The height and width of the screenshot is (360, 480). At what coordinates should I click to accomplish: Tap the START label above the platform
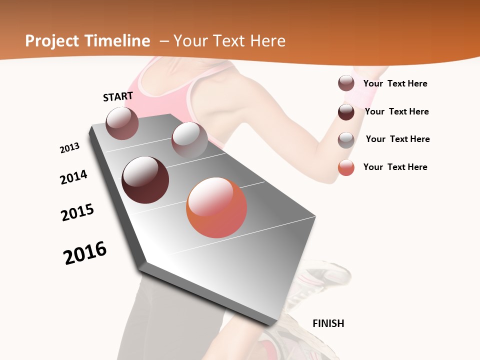pos(118,96)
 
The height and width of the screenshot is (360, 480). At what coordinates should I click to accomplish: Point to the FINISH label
pos(328,323)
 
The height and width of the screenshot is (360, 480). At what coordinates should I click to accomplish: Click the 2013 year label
pos(69,148)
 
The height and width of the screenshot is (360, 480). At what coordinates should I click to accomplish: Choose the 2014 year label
pos(73,177)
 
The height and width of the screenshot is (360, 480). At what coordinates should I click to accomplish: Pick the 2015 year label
pos(77,212)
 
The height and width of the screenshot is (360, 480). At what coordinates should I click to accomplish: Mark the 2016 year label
pos(85,252)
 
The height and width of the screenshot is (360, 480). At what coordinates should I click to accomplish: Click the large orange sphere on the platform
pos(216,207)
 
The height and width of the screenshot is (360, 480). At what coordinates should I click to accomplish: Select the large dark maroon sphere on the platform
pos(145,180)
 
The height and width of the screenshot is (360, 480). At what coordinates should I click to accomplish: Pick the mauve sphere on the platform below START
pos(122,123)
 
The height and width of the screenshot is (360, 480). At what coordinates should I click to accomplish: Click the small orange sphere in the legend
pos(346,167)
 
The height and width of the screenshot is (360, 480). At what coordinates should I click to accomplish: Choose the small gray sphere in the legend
pos(346,140)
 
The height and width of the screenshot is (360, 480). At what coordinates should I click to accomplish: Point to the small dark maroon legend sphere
pos(346,112)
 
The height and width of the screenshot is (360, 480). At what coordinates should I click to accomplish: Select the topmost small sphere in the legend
pos(346,83)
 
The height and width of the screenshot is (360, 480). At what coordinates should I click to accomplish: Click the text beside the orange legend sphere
pos(395,167)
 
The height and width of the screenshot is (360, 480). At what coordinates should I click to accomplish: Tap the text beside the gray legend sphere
pos(397,139)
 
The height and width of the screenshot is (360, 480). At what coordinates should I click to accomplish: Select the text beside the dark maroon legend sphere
pos(396,111)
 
